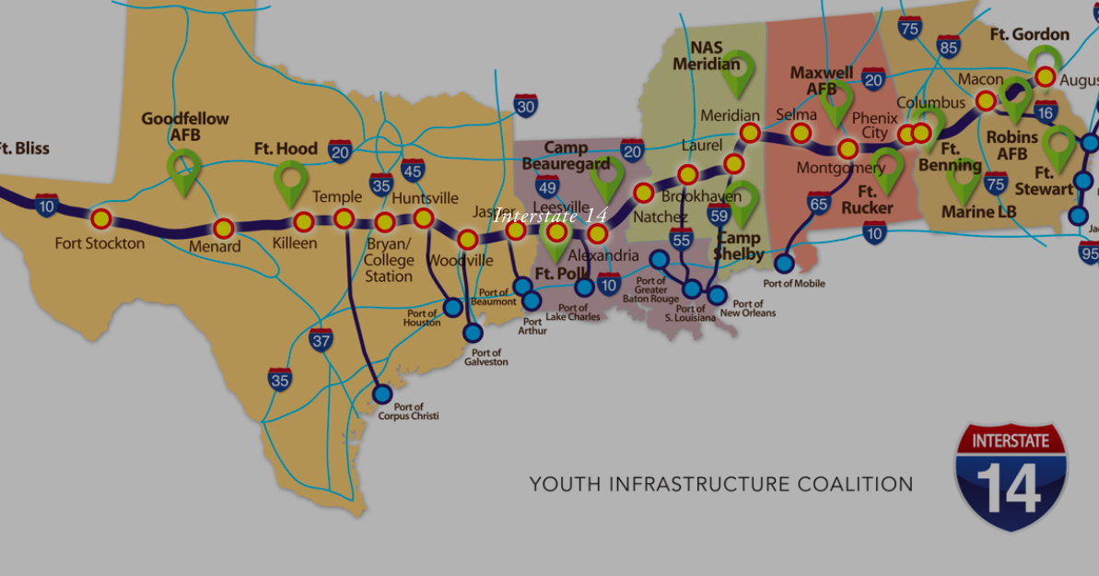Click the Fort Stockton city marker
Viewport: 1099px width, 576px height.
click(100, 218)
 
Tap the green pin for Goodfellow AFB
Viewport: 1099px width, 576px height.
click(184, 171)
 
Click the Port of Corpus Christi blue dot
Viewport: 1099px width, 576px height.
click(382, 394)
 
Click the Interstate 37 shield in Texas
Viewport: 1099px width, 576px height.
click(321, 339)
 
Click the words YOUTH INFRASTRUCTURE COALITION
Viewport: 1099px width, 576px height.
click(721, 484)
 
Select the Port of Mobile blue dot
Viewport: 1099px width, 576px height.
click(784, 263)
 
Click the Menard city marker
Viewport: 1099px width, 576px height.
click(223, 228)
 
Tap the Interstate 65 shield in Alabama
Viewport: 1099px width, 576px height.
click(819, 203)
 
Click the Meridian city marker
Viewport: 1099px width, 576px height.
click(750, 133)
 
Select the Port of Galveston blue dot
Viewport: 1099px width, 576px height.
click(473, 332)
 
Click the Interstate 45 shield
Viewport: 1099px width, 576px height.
click(413, 170)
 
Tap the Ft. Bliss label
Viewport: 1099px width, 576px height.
click(22, 148)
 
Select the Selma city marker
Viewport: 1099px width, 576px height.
click(801, 133)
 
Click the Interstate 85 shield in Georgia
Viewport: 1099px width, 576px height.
click(949, 47)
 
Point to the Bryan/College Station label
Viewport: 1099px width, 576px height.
click(389, 260)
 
